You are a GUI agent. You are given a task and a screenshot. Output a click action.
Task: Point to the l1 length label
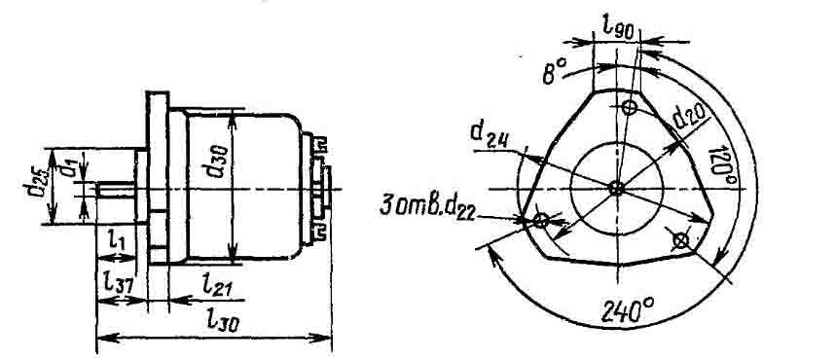117,240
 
